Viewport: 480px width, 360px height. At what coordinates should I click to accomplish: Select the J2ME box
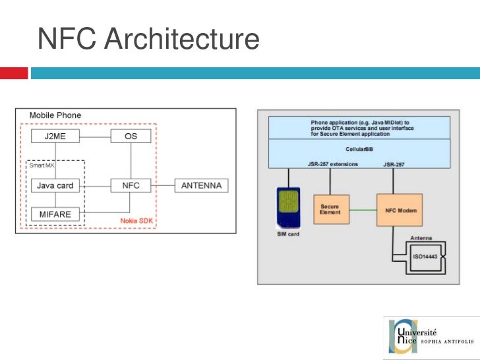coord(55,136)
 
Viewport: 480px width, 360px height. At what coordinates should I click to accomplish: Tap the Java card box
coord(55,185)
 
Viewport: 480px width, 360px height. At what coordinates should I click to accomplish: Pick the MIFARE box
coord(55,214)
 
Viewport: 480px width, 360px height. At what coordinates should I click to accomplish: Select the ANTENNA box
coord(201,185)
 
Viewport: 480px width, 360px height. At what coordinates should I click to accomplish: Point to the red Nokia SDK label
coord(137,220)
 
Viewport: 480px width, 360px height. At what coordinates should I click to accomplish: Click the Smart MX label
coord(40,165)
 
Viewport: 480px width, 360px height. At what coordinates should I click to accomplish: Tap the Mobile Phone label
coord(55,115)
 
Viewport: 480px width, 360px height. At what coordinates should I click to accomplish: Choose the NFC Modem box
coord(398,210)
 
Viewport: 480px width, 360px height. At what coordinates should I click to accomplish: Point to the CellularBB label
coord(360,150)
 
